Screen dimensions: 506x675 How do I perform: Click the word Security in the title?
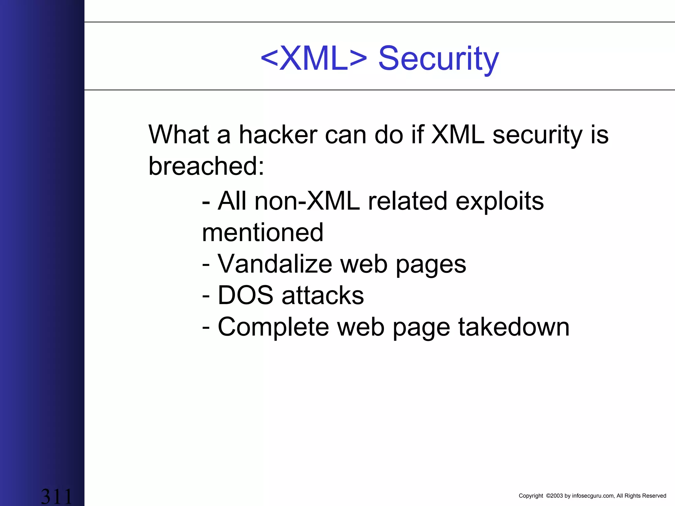pos(438,59)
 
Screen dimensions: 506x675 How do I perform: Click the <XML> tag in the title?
pos(314,59)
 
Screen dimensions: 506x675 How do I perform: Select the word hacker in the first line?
pos(278,135)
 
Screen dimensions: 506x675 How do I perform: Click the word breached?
pos(206,166)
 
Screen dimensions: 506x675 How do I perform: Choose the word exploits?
pos(499,202)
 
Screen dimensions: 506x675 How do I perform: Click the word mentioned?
pos(263,233)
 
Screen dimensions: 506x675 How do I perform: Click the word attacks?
pos(323,295)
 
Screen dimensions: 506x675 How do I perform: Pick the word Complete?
pos(274,327)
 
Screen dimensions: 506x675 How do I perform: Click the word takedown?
pos(514,327)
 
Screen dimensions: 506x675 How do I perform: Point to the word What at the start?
pos(179,135)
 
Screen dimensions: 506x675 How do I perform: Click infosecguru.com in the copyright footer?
pos(593,496)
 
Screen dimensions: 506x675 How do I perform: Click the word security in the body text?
pos(538,135)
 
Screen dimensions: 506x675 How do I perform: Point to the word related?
pos(408,201)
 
